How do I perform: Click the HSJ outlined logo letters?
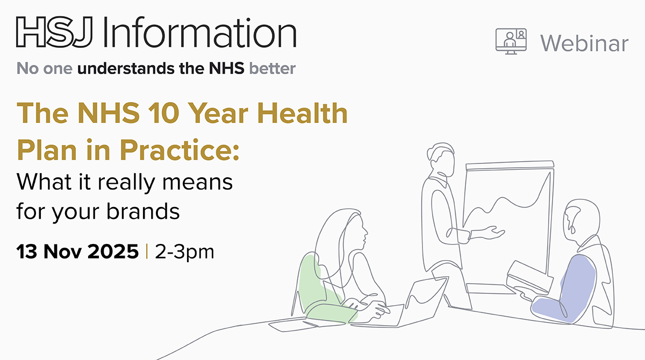(x=54, y=32)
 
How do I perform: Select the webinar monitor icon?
(x=511, y=41)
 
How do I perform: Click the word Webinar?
(x=584, y=44)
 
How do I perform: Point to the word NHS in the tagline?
(x=227, y=68)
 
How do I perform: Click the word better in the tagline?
(x=273, y=68)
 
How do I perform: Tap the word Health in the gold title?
(x=302, y=112)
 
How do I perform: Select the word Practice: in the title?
(x=180, y=149)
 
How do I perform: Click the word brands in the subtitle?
(x=143, y=211)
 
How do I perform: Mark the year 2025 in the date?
(x=113, y=251)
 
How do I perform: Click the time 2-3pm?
(x=184, y=253)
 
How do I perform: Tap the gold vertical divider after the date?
(x=147, y=251)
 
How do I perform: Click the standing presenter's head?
(x=441, y=160)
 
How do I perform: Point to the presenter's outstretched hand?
(x=494, y=233)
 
